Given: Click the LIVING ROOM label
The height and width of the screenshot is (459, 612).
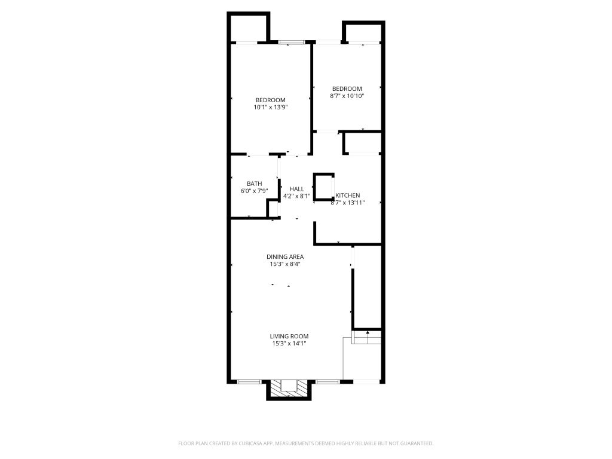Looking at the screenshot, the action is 289,336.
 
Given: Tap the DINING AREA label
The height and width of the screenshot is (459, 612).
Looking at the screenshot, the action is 285,257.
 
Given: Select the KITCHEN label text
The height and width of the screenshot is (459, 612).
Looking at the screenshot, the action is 348,195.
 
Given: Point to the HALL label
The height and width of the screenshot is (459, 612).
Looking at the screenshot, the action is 296,189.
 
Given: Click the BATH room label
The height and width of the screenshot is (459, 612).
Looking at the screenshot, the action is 255,183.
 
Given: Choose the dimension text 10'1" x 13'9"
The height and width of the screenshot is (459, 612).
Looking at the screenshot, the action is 271,107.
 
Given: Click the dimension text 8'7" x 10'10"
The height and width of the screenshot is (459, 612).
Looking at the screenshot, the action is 347,96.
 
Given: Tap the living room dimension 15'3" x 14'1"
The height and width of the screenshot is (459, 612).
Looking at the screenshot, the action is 289,344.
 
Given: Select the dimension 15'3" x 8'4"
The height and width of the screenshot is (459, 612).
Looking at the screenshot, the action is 285,264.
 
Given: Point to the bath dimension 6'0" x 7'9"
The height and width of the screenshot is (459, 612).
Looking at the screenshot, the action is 255,191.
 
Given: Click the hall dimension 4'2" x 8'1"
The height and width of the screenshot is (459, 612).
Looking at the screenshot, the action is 296,196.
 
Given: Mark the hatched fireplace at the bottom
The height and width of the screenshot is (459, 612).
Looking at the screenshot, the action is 289,388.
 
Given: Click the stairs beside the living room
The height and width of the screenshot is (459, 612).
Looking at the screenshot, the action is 366,337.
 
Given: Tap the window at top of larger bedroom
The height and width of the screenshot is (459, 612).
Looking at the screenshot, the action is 291,42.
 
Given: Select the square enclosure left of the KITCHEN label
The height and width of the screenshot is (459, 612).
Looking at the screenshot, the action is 323,186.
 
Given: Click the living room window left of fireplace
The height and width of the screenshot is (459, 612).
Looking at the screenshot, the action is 249,381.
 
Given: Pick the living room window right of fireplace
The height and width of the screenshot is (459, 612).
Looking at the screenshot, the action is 328,381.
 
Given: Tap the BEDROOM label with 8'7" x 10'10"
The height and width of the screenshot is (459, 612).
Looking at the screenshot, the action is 347,88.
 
